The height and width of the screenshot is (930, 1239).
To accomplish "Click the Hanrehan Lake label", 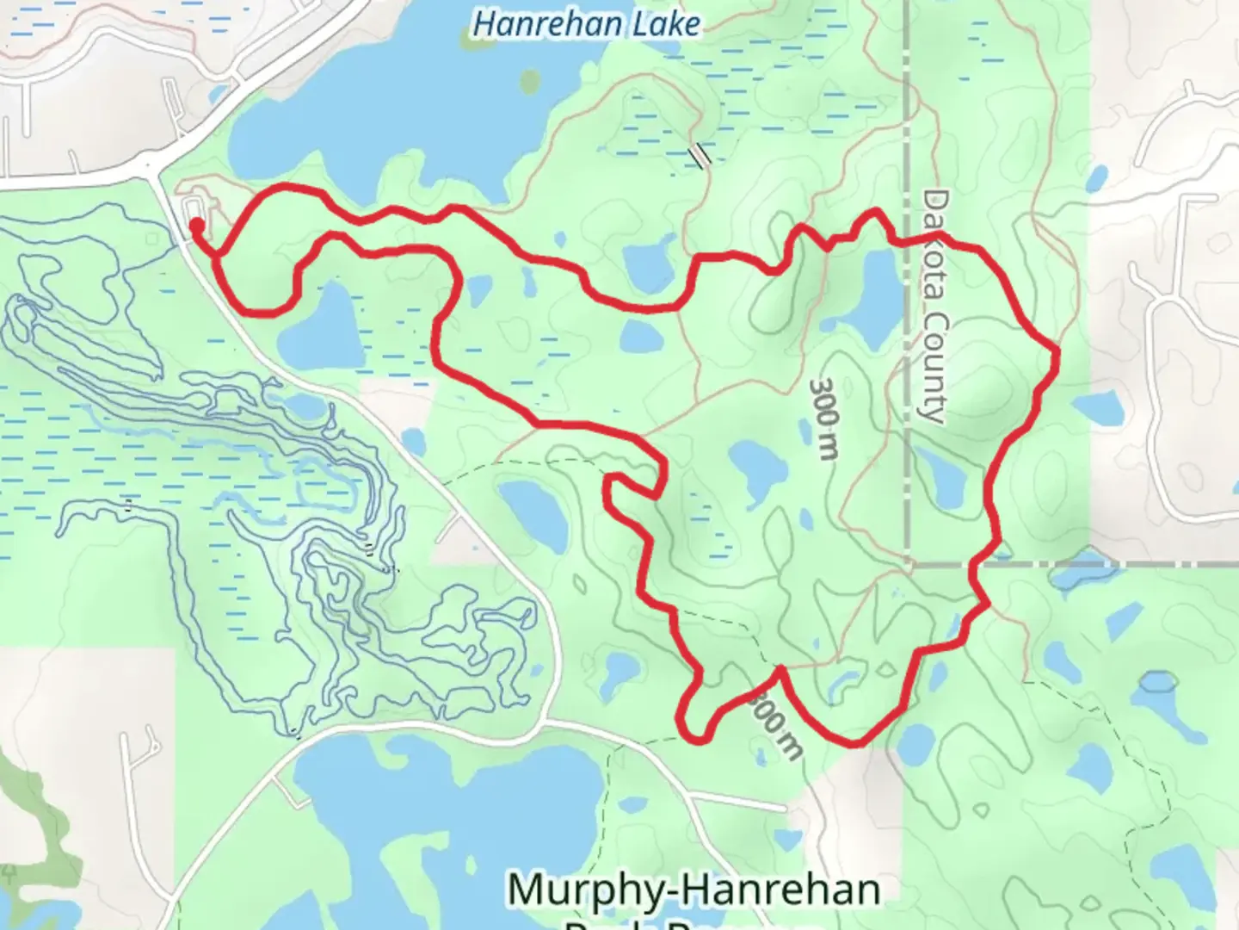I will coord(586,24).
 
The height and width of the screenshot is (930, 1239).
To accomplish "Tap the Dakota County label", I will coord(933,307).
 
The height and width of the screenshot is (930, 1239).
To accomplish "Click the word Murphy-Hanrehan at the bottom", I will coord(693,889).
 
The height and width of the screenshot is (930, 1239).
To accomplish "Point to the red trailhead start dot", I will coord(196,226).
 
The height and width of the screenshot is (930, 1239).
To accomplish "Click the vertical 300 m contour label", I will coord(823,418).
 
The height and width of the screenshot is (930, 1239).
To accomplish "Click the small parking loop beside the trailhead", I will coord(194,207).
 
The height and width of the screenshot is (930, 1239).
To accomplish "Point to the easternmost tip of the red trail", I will coord(1056,351).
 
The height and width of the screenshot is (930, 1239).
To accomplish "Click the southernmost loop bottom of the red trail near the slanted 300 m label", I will coord(695,739).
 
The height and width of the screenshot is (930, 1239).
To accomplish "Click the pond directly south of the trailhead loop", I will coord(320,327).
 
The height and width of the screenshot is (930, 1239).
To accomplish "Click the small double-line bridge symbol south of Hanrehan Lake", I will coord(700,154).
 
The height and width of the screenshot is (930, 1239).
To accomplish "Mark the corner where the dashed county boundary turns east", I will coord(909,565).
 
